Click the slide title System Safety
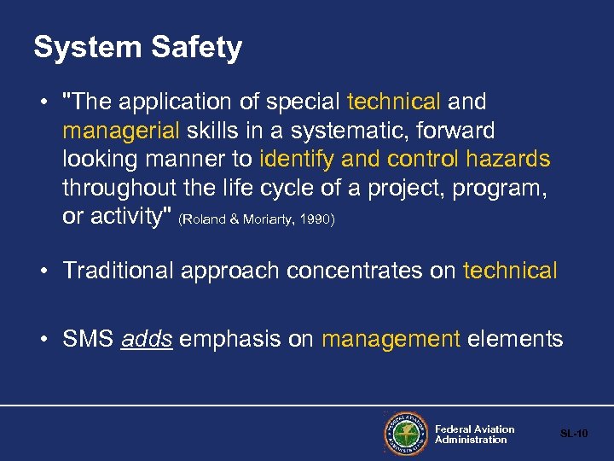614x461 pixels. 137,47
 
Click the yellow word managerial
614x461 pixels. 120,131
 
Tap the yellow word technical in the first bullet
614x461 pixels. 394,102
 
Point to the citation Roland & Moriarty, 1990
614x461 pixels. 257,219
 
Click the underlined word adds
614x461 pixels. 147,339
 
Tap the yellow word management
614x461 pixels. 391,339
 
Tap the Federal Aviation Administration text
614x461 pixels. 474,435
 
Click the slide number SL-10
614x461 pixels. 574,435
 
